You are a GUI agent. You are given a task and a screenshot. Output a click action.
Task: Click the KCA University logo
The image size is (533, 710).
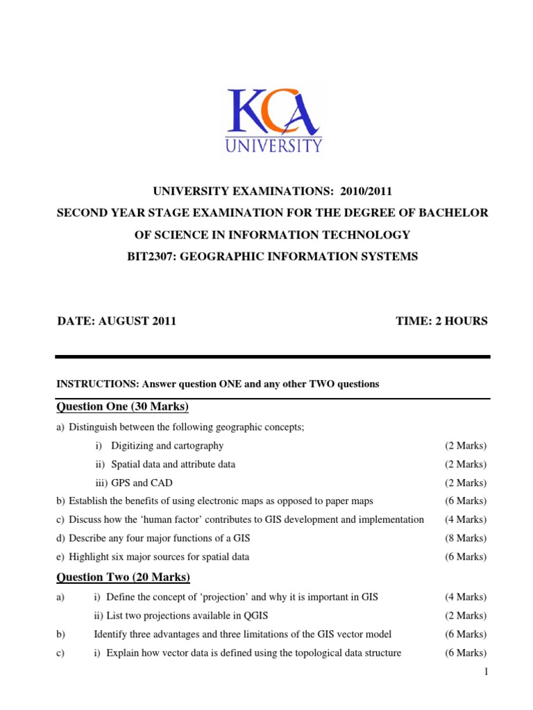[272, 119]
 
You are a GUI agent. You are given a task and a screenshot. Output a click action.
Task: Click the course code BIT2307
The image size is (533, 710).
[149, 257]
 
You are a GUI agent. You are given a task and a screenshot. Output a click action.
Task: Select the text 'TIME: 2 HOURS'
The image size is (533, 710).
[441, 320]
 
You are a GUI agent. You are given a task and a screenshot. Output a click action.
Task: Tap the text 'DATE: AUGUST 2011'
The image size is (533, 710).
[116, 320]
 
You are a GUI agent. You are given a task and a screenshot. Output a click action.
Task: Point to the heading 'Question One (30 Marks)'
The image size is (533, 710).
[122, 406]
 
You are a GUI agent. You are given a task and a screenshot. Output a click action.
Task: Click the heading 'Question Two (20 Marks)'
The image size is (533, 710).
[123, 577]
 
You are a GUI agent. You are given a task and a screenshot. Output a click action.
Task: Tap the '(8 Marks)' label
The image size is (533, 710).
[466, 538]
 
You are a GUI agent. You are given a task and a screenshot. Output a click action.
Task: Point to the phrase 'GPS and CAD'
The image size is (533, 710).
[138, 483]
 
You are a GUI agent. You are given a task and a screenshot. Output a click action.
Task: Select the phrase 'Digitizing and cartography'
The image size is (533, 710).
[167, 446]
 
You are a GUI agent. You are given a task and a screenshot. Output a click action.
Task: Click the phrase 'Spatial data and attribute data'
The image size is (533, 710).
[173, 465]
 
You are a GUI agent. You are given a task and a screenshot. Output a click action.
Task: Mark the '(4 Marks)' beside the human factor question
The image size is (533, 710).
[466, 519]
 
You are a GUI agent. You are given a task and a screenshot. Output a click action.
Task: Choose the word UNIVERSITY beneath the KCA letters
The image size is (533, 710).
[273, 146]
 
